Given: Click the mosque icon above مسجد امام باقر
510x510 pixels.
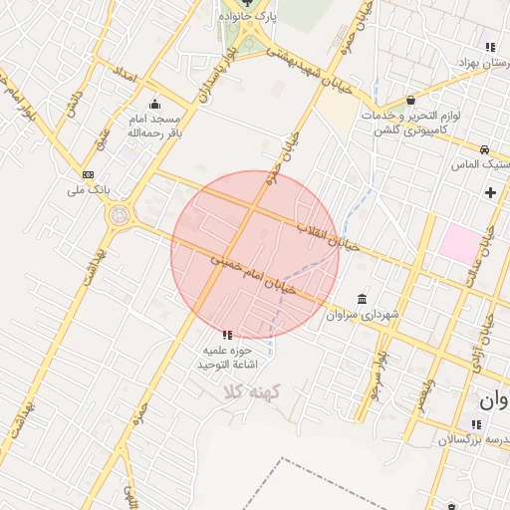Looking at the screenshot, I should click(154, 104).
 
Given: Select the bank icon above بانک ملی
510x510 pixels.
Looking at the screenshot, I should click(88, 173).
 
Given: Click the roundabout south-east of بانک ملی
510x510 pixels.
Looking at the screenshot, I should click(121, 214).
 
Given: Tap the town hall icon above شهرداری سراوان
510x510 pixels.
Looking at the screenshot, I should click(360, 299).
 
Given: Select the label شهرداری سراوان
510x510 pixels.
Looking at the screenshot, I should click(370, 315).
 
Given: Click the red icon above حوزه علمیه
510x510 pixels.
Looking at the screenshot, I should click(227, 335).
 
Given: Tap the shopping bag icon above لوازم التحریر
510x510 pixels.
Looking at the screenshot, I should click(411, 100).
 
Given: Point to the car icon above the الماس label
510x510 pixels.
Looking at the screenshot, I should click(485, 147).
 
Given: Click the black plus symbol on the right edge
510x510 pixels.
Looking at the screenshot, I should click(489, 191).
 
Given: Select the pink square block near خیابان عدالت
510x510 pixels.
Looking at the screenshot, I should click(459, 243).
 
